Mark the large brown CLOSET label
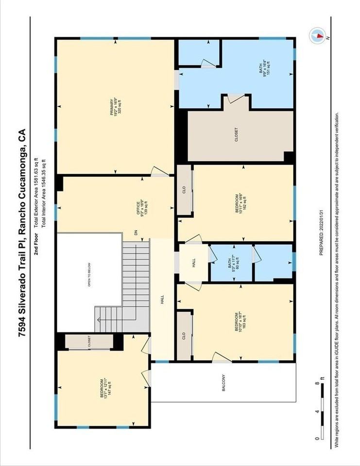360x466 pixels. (237, 135)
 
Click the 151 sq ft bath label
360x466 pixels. (263, 67)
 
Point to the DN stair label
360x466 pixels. (137, 233)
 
